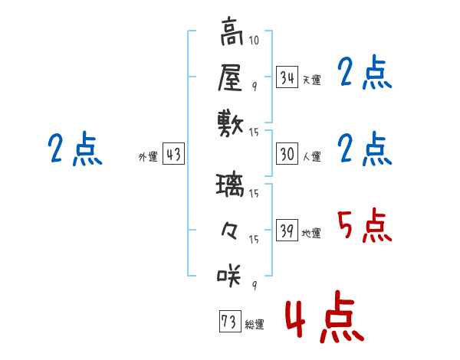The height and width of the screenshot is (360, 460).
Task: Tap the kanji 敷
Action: pos(231,123)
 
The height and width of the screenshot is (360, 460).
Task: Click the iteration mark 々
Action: pos(231,230)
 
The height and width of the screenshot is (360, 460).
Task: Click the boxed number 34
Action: pos(287,77)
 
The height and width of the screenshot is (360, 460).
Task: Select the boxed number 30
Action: pos(287,154)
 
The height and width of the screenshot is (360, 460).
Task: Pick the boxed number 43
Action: pos(172,154)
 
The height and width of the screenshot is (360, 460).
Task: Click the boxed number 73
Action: pos(228,322)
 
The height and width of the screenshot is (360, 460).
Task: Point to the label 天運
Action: pos(311,80)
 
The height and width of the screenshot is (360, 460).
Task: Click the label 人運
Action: pos(311,156)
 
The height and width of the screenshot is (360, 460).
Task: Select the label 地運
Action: pos(311,233)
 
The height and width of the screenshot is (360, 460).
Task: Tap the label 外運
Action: pos(148,156)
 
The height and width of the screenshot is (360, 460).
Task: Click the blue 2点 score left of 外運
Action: pos(74,149)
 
